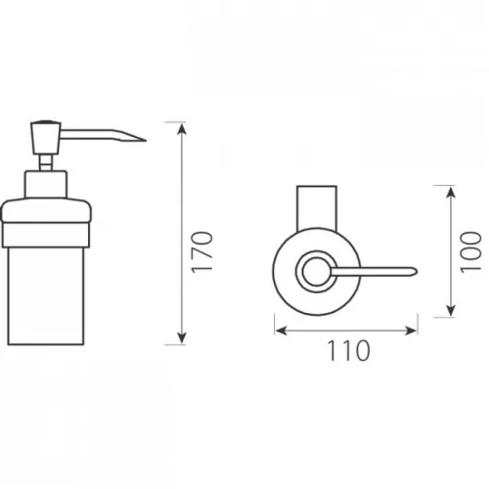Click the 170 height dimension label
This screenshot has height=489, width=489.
point(201,252)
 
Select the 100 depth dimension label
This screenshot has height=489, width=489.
point(470,252)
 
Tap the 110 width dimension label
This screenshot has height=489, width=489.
point(348,351)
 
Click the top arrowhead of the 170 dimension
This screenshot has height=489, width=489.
point(182,129)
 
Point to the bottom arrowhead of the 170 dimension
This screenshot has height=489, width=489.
point(182,337)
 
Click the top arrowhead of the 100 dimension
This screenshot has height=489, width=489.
point(451,193)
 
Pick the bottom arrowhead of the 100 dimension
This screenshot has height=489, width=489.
point(451,310)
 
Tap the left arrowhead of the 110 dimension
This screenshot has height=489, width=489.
point(282,331)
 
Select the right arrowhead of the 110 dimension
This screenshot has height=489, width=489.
point(411,331)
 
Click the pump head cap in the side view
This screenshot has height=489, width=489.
point(46,138)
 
